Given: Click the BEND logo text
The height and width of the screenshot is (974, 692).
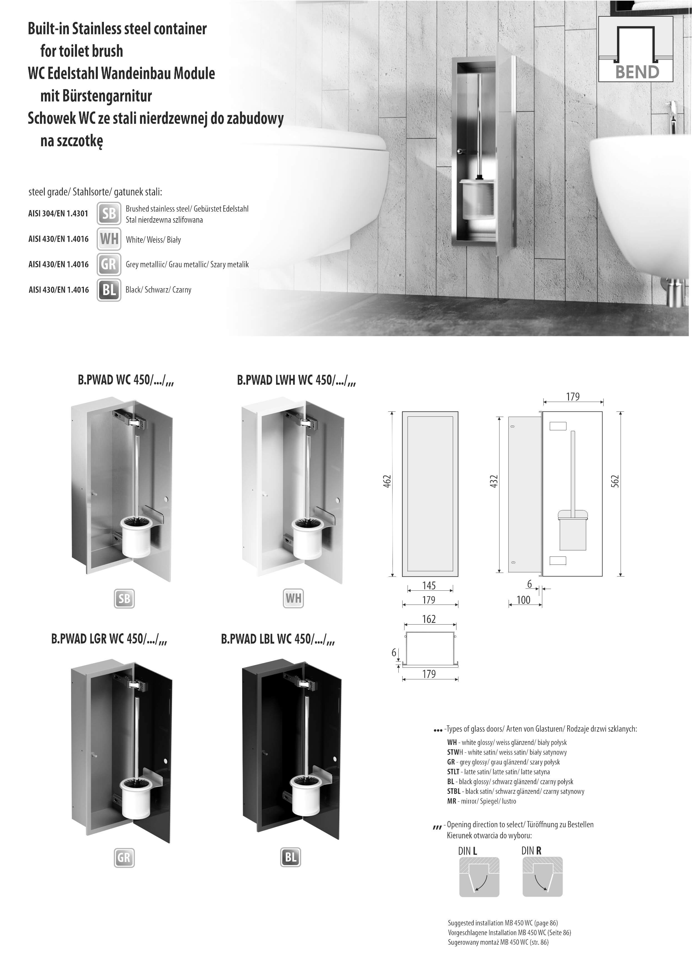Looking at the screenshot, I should tap(637, 72).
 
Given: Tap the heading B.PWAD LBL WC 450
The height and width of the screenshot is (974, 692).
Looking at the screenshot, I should tap(278, 639).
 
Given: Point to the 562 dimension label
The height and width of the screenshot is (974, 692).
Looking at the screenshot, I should tap(615, 481).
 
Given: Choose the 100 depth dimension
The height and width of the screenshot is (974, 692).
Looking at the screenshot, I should tap(523, 600).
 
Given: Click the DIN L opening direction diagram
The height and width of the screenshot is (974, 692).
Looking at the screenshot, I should tap(479, 877).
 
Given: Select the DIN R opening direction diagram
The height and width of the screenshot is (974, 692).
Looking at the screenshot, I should tap(543, 877).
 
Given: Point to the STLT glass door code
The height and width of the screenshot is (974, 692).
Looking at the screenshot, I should tap(453, 772).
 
